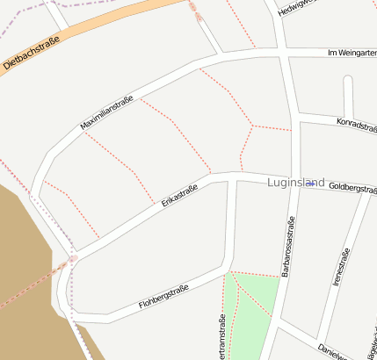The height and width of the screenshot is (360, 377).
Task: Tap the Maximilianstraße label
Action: coord(106,112)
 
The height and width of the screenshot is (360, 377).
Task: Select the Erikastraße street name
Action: coord(180,195)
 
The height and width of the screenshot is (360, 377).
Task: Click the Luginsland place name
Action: coord(295,183)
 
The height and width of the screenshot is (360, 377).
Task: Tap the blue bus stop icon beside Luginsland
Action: coord(310,183)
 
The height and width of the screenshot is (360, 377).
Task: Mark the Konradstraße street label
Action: coord(356,124)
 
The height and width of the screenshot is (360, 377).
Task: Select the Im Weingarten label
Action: coord(351,54)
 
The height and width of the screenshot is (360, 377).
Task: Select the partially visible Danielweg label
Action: coord(335,350)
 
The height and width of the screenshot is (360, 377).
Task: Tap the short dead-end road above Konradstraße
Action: coord(348,95)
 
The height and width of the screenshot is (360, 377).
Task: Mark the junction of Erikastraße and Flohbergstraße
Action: coord(74,256)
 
